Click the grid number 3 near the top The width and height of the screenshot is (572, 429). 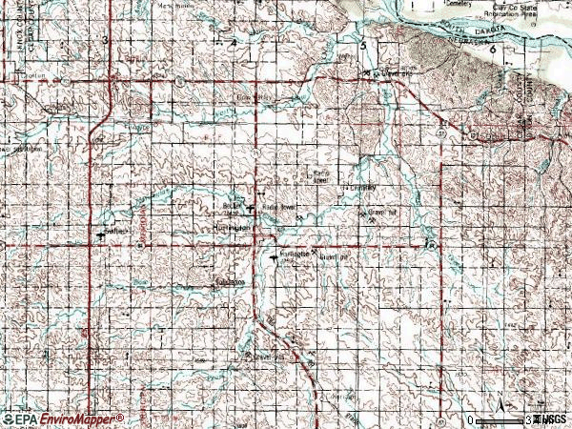point(104,39)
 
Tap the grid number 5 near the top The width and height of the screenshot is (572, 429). point(362,45)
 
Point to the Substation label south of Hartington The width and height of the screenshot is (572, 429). point(230,282)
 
